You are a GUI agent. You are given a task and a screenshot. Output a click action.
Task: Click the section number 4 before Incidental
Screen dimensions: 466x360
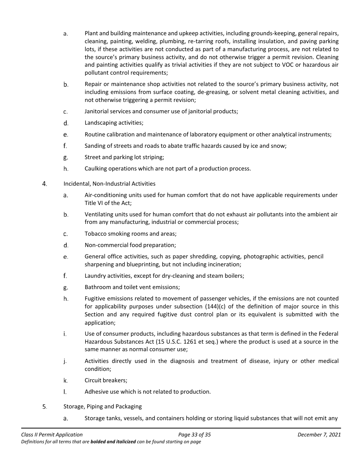(x=44, y=184)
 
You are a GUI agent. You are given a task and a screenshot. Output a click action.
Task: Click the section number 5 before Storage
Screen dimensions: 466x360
(x=44, y=407)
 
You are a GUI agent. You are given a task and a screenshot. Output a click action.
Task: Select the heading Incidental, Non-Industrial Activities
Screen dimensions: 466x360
(x=109, y=184)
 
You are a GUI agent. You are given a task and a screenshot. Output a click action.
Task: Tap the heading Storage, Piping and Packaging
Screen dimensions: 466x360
(x=102, y=407)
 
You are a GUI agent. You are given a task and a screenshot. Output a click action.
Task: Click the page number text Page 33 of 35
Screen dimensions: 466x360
(x=194, y=435)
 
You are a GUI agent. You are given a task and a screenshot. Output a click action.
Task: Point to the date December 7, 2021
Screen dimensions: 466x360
(x=319, y=435)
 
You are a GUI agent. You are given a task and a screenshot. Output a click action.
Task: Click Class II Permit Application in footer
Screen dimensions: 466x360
(x=52, y=435)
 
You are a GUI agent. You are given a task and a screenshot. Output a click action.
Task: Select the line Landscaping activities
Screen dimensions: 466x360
(x=114, y=123)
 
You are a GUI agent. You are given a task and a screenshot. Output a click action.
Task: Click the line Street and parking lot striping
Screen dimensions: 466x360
(x=124, y=157)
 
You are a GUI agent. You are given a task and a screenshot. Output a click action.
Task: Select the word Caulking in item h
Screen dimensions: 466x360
(x=96, y=169)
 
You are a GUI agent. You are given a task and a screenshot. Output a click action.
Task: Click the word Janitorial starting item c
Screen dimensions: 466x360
(x=97, y=111)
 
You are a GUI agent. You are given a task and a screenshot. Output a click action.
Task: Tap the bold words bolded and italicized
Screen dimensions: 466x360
(x=113, y=442)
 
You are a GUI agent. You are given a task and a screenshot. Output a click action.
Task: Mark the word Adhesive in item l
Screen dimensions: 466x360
(x=96, y=392)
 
